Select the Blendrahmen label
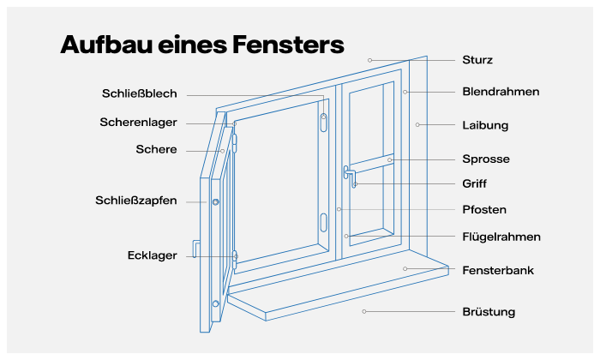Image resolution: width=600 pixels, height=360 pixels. (x=501, y=92)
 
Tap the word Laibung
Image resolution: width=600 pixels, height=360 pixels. (x=485, y=125)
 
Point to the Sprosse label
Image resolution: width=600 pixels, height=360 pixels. (x=485, y=159)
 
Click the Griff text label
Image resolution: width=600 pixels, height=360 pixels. (x=474, y=183)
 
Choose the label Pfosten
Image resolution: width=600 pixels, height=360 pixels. (x=483, y=210)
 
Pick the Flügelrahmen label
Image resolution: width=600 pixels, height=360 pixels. (x=501, y=237)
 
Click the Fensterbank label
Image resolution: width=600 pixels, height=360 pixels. (x=498, y=270)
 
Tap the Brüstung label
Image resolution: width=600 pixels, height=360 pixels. (x=489, y=312)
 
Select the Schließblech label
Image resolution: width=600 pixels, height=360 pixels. (x=140, y=94)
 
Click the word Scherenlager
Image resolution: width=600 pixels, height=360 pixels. (x=138, y=123)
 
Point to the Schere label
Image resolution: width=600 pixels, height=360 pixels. (x=156, y=149)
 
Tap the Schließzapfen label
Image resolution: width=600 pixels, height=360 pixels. (x=136, y=201)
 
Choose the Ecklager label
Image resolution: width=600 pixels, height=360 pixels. (x=153, y=255)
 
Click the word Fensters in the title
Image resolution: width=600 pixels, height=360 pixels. (x=279, y=45)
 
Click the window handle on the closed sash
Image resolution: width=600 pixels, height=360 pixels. (x=350, y=176)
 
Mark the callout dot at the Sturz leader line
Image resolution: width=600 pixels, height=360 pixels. (x=370, y=60)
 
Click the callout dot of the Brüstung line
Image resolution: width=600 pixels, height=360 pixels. (x=364, y=311)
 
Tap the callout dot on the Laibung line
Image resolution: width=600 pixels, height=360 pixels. (x=417, y=125)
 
